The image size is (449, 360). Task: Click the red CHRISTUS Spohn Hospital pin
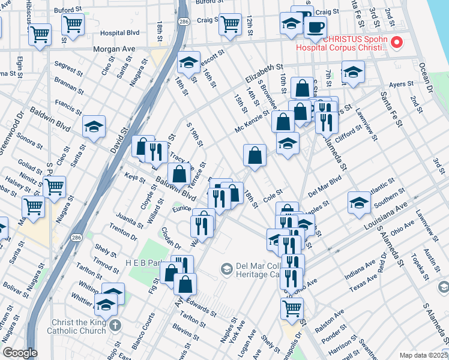coord(396,43)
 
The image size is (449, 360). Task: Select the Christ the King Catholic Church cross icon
coord(115,325)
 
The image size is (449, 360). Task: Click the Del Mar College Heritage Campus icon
coord(227,268)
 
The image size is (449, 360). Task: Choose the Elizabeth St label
coord(263,75)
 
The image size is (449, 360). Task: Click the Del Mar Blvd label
coord(324,187)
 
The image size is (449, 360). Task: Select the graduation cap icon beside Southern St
coord(360,202)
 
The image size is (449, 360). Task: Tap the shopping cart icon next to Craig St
coord(231,24)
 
